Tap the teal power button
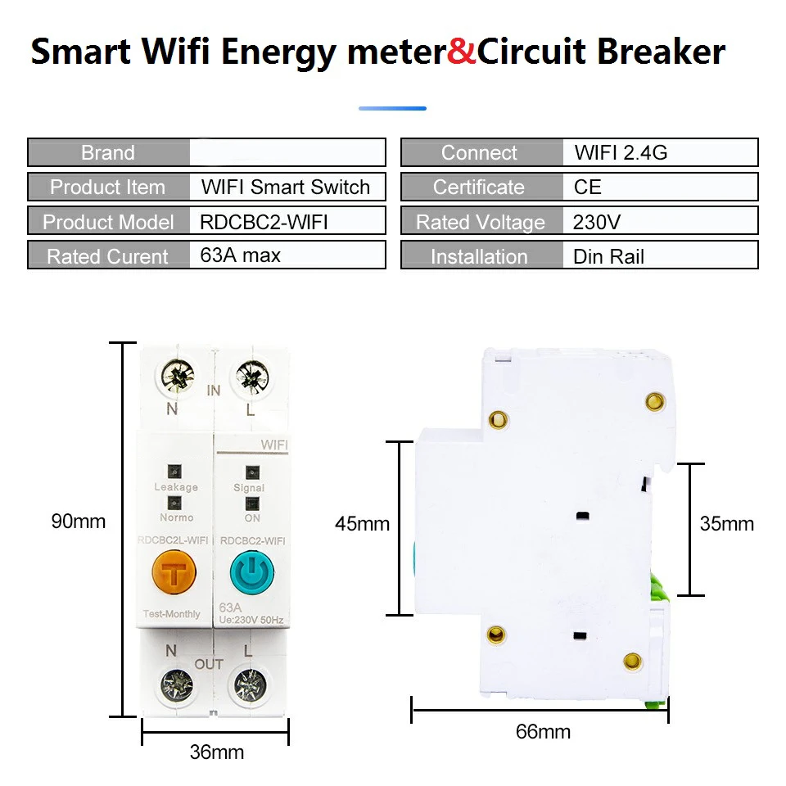click(x=252, y=573)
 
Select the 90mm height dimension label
click(x=79, y=522)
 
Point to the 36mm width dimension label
click(x=217, y=752)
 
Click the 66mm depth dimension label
click(x=543, y=731)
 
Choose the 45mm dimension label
click(x=362, y=523)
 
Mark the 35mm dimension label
click(x=726, y=523)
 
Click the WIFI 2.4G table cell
click(x=660, y=152)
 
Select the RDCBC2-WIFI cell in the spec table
click(x=287, y=221)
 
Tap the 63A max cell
click(x=287, y=255)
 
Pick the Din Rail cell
click(x=660, y=255)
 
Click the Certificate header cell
click(x=479, y=187)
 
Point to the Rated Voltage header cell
click(x=480, y=222)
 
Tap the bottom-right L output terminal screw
click(x=249, y=683)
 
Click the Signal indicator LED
click(x=251, y=472)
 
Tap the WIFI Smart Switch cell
click(x=287, y=187)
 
